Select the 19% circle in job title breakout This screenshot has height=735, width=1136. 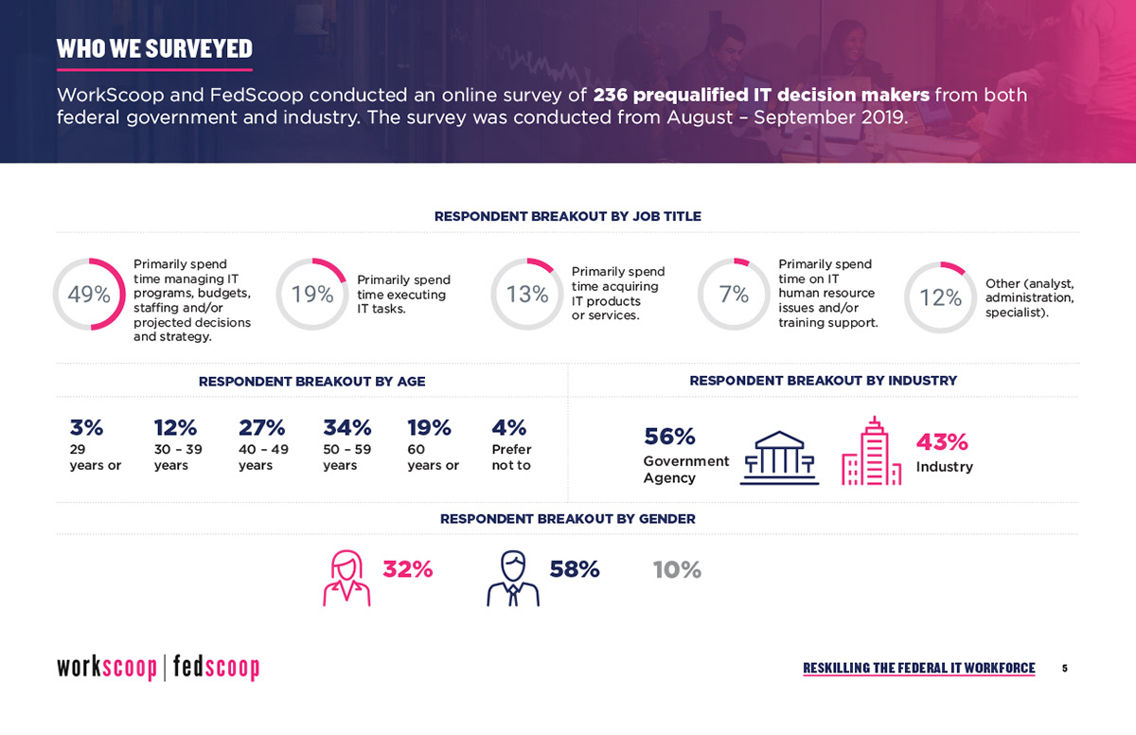(279, 295)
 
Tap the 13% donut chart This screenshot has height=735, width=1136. (493, 295)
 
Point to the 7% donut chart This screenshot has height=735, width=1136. (701, 295)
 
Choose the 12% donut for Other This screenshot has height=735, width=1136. (907, 297)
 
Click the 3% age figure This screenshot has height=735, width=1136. (86, 427)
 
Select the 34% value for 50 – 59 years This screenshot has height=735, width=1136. (347, 427)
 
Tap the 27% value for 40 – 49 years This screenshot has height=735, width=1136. (261, 427)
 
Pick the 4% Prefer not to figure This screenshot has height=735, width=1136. (509, 427)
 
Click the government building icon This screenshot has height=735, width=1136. (779, 457)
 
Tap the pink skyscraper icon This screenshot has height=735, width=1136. (872, 451)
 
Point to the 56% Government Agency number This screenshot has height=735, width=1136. (669, 437)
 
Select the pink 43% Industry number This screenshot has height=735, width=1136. (942, 441)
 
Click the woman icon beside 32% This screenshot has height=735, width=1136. (346, 579)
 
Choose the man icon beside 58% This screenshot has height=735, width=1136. (513, 579)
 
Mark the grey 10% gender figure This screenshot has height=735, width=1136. (677, 569)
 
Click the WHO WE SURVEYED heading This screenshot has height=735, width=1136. (154, 48)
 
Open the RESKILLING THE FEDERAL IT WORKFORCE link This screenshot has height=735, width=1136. (919, 668)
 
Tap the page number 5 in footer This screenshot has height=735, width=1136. (1064, 669)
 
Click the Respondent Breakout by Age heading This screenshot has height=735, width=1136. (311, 382)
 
